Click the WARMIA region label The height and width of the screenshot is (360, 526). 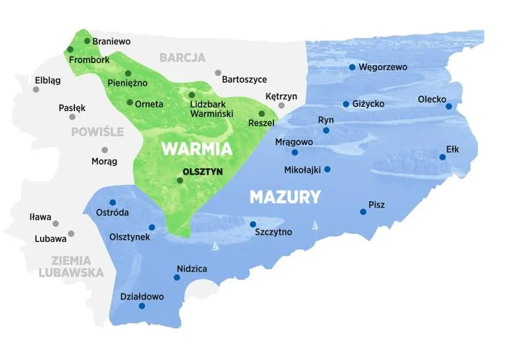tap(197, 148)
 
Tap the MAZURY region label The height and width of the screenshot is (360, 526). tap(285, 196)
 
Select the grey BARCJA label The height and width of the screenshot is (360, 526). tap(182, 58)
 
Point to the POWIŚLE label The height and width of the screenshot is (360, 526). tap(97, 131)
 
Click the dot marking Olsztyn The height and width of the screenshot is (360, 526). tap(180, 180)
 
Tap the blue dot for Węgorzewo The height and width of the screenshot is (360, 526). tap(352, 67)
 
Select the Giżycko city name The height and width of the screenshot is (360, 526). tap(368, 104)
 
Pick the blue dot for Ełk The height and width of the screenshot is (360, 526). tap(442, 157)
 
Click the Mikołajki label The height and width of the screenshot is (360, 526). tap(302, 169)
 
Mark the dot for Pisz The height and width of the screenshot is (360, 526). tap(363, 212)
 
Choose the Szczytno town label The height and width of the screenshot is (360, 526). tap(273, 232)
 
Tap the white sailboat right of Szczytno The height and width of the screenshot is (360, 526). tap(315, 225)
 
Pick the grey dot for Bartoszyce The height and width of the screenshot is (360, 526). tap(218, 73)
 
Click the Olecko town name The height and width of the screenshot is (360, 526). tap(431, 99)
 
